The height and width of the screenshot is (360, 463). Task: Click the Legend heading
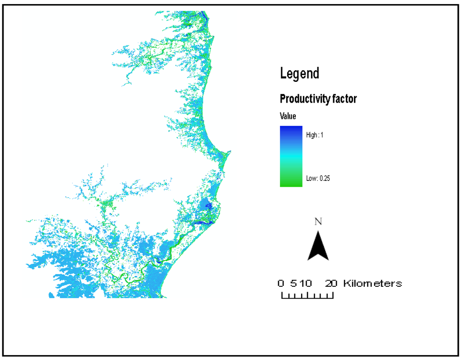click(299, 73)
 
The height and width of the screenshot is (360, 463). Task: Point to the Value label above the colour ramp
click(288, 116)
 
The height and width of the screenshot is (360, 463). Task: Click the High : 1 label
click(315, 135)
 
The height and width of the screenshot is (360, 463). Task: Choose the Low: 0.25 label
click(318, 178)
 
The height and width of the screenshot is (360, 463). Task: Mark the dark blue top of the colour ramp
click(291, 129)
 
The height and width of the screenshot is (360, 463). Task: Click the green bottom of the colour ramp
click(291, 183)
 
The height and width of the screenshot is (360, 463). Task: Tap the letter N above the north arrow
click(318, 222)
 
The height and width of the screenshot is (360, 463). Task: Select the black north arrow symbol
click(318, 246)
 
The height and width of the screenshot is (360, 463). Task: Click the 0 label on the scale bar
click(281, 284)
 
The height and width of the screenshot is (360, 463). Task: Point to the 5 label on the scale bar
click(293, 284)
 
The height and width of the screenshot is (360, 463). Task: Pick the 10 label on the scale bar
click(305, 284)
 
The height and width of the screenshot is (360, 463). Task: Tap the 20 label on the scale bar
click(331, 284)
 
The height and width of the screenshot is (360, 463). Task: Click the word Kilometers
click(373, 284)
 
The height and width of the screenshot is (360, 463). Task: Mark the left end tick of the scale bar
click(282, 296)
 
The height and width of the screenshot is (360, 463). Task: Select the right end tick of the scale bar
click(333, 296)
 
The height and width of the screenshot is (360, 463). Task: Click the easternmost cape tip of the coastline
click(230, 152)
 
